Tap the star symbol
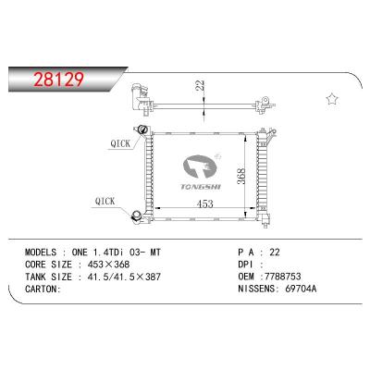click(330, 98)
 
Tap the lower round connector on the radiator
click(140, 218)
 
